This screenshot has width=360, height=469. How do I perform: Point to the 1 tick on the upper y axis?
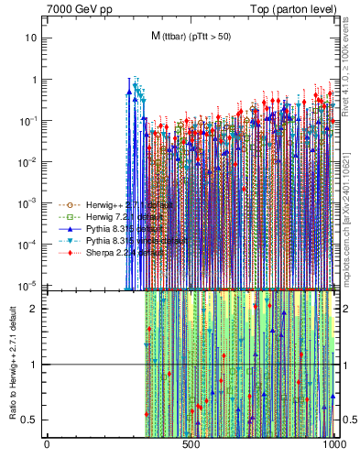click(35, 80)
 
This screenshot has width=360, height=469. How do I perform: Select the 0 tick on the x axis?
click(47, 444)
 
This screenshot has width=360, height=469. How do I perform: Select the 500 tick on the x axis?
click(191, 444)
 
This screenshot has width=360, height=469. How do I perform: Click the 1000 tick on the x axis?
click(333, 444)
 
